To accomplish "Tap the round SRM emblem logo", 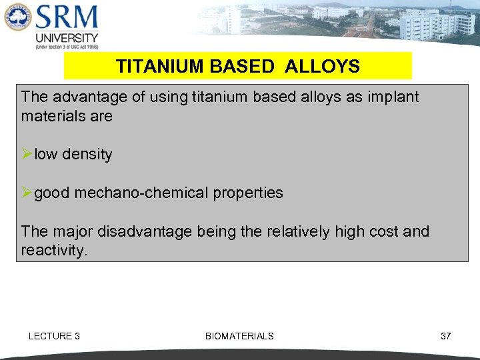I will (x=17, y=18).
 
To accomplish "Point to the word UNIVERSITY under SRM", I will (x=67, y=37).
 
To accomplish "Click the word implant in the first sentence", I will (x=394, y=97).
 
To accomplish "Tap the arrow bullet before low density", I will (x=27, y=155).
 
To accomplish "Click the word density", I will (x=87, y=155).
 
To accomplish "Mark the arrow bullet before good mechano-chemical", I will (x=27, y=193).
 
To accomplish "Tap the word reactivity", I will (x=53, y=251).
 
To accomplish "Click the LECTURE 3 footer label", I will (x=54, y=336).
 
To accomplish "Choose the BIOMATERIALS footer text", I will (x=239, y=336).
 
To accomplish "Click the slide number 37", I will (x=446, y=336).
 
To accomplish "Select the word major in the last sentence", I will (x=73, y=232).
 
